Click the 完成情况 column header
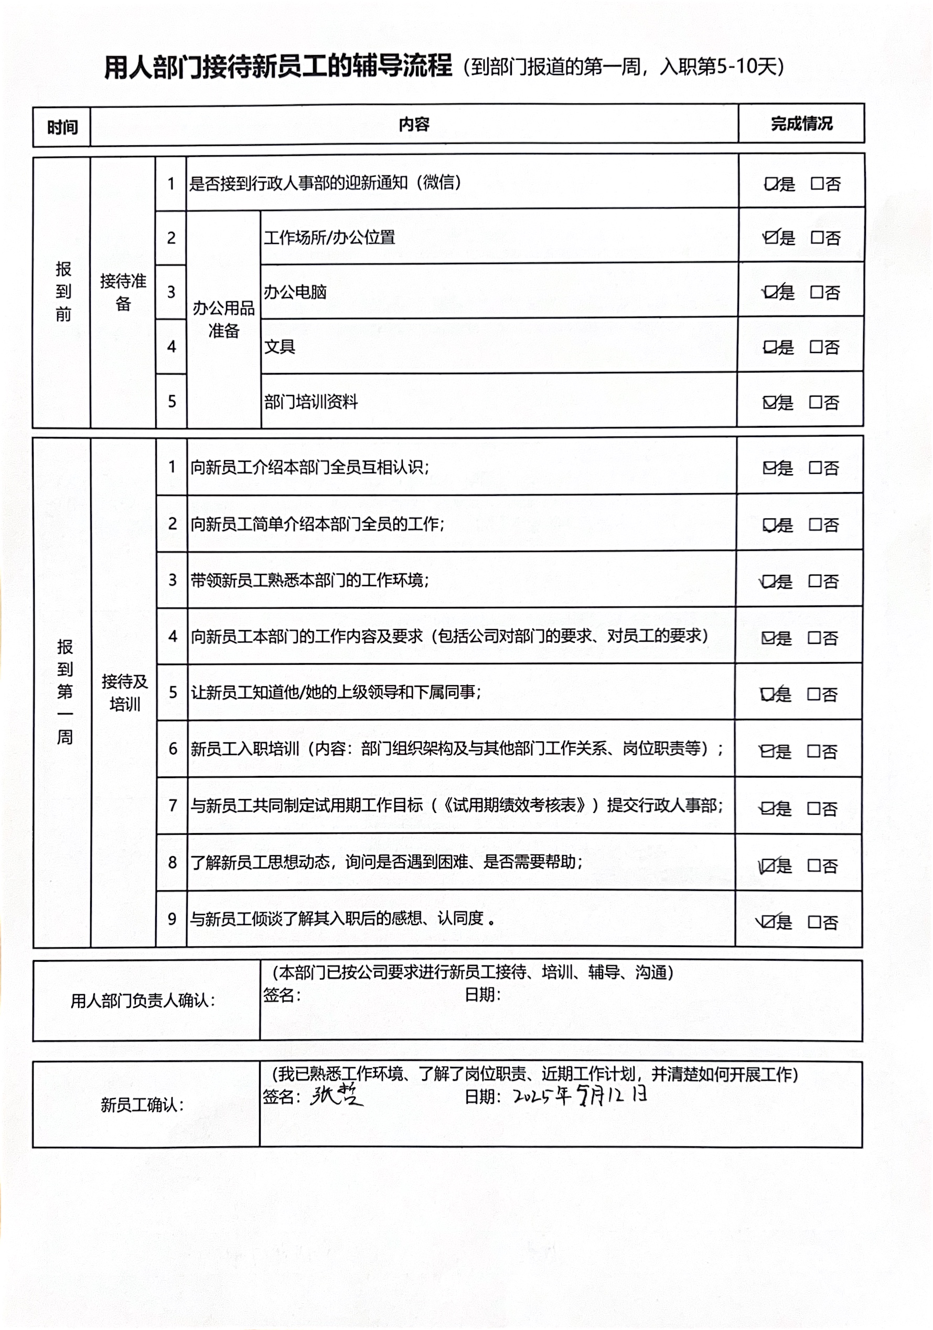click(801, 123)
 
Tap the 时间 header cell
click(62, 127)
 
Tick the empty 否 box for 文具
click(816, 347)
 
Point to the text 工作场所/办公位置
click(329, 238)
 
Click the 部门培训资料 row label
click(311, 401)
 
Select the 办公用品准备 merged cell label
click(223, 319)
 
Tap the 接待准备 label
click(123, 292)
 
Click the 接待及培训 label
click(124, 692)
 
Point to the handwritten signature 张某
click(336, 1095)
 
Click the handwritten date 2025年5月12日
click(580, 1095)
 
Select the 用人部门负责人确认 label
click(143, 1001)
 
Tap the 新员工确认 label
click(142, 1105)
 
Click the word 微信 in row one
click(438, 183)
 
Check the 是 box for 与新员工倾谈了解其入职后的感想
click(768, 922)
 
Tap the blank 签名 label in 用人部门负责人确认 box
click(282, 995)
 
